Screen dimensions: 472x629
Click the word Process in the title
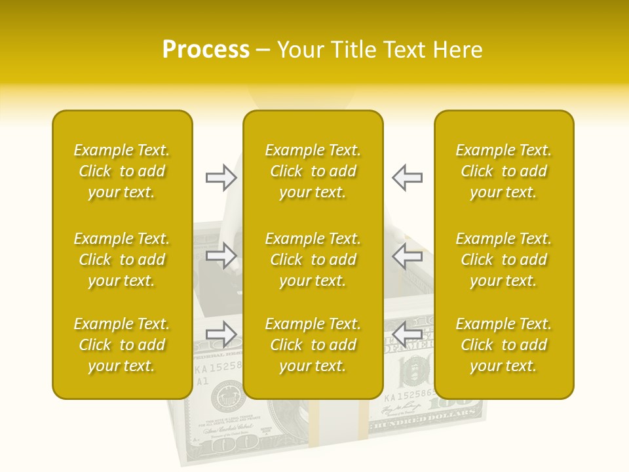(x=206, y=50)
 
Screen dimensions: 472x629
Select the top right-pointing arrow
(x=221, y=178)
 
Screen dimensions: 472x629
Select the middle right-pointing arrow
(x=221, y=256)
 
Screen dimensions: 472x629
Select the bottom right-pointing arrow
(x=221, y=334)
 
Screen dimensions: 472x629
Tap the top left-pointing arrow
(x=407, y=178)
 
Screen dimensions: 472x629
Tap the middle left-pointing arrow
(x=407, y=256)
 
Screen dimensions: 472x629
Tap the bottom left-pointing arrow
(x=407, y=334)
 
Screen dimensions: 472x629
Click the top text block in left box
(x=122, y=171)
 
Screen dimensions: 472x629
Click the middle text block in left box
(x=122, y=260)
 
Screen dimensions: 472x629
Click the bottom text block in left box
(x=122, y=345)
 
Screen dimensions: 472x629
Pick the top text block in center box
(x=313, y=171)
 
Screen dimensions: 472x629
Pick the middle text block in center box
(x=313, y=260)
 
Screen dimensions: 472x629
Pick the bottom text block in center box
(x=313, y=345)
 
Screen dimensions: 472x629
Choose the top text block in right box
(x=504, y=171)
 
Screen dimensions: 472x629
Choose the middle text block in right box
(x=504, y=260)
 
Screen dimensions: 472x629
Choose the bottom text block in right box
(x=504, y=345)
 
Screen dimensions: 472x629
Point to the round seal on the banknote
(x=225, y=396)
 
